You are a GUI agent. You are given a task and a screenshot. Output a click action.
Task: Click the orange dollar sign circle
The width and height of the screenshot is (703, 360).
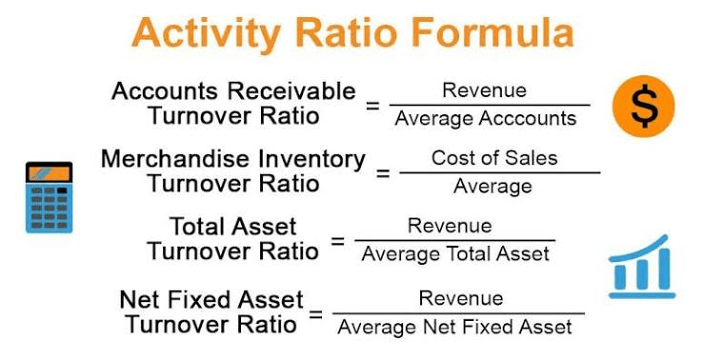[643, 107]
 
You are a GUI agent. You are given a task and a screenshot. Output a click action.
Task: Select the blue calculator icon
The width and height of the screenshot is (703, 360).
[49, 197]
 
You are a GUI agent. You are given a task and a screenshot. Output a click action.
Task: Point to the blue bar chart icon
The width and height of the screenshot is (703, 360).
[642, 267]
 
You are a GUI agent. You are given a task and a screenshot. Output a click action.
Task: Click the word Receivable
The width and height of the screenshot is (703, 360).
[291, 91]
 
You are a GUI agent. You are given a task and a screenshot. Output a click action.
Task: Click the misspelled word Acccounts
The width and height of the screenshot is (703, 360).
[528, 119]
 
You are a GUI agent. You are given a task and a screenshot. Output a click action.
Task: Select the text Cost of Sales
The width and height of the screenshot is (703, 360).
[494, 158]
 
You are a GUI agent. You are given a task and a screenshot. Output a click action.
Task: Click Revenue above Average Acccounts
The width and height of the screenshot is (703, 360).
[484, 90]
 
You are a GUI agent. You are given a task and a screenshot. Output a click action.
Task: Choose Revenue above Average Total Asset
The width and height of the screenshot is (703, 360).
[450, 226]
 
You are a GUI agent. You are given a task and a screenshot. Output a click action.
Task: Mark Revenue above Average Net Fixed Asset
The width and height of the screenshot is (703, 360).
[461, 298]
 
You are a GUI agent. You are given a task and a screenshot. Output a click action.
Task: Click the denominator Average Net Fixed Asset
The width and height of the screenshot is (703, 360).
[455, 327]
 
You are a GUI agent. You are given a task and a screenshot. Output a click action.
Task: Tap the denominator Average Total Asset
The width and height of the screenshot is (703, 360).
[455, 254]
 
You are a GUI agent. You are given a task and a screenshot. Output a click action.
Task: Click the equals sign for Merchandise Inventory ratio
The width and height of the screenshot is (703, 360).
[383, 173]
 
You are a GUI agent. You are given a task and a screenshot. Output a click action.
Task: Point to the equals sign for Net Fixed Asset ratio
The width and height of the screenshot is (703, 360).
[315, 314]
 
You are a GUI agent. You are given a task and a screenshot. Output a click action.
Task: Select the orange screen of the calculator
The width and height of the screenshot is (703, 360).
[49, 173]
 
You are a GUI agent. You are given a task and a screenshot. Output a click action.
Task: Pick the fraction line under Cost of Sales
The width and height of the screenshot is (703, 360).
[500, 172]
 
